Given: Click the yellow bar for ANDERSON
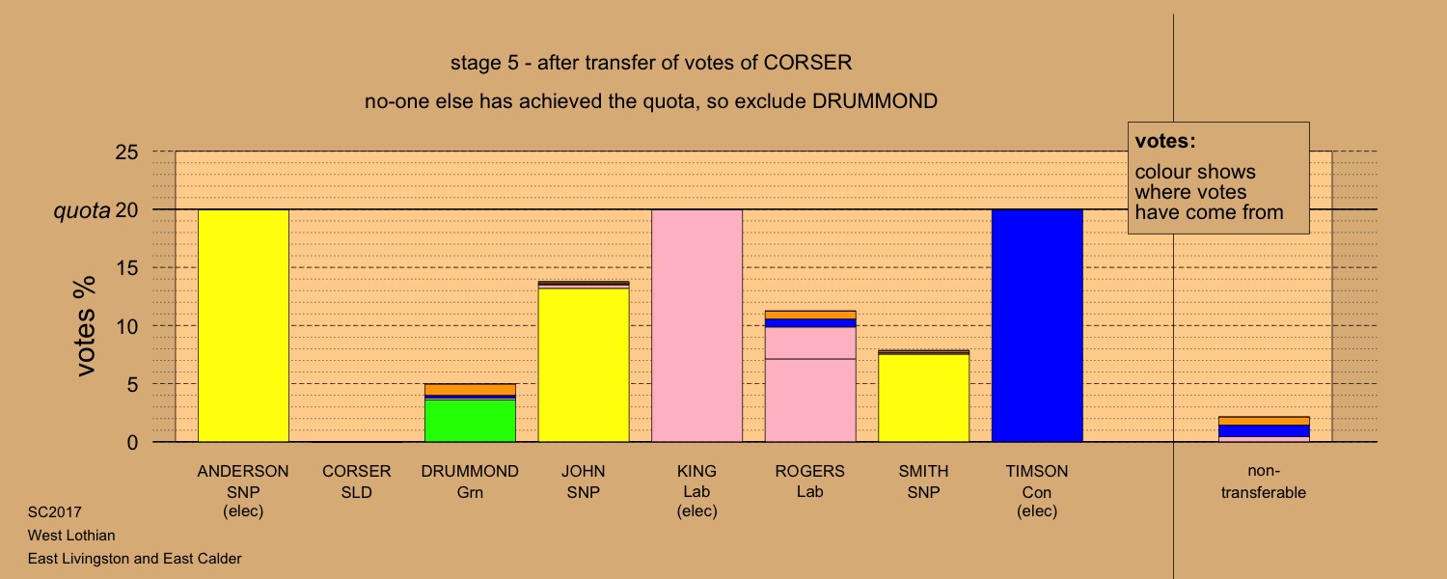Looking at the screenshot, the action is click(243, 326).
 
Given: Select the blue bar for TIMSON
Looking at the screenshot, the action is click(1037, 326).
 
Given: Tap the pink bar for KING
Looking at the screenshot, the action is click(697, 326).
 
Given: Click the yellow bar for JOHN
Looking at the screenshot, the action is click(584, 365).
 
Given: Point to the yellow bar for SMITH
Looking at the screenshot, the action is click(924, 398).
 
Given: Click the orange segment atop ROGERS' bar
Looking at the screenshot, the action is click(810, 315).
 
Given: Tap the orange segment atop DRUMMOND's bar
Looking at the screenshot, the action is click(471, 390).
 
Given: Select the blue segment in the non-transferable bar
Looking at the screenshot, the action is click(1264, 431).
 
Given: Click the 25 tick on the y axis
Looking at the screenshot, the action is click(127, 152).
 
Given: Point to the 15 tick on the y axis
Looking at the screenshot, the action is click(127, 267).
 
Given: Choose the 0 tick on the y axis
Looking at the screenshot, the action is click(132, 442).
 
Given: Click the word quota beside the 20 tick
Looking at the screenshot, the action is click(81, 210).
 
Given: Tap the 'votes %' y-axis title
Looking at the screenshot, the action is click(85, 326).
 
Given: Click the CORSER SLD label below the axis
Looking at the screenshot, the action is click(357, 482).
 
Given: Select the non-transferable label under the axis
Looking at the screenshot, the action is click(1264, 482).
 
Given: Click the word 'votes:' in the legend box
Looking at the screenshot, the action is click(1165, 141).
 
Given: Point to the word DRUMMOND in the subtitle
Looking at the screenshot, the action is click(875, 101).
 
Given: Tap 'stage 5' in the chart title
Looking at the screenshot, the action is click(484, 63).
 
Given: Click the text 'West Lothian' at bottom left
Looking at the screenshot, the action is click(71, 535).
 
